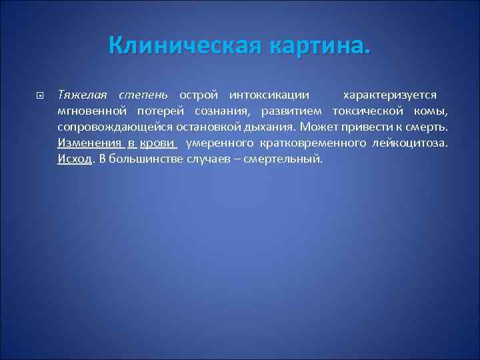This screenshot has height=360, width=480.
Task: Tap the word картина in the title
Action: coord(315,46)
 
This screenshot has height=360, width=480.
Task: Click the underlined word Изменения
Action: coord(89,143)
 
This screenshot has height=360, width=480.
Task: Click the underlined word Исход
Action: coord(73,159)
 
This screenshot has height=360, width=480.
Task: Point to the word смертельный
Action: coord(283,159)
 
